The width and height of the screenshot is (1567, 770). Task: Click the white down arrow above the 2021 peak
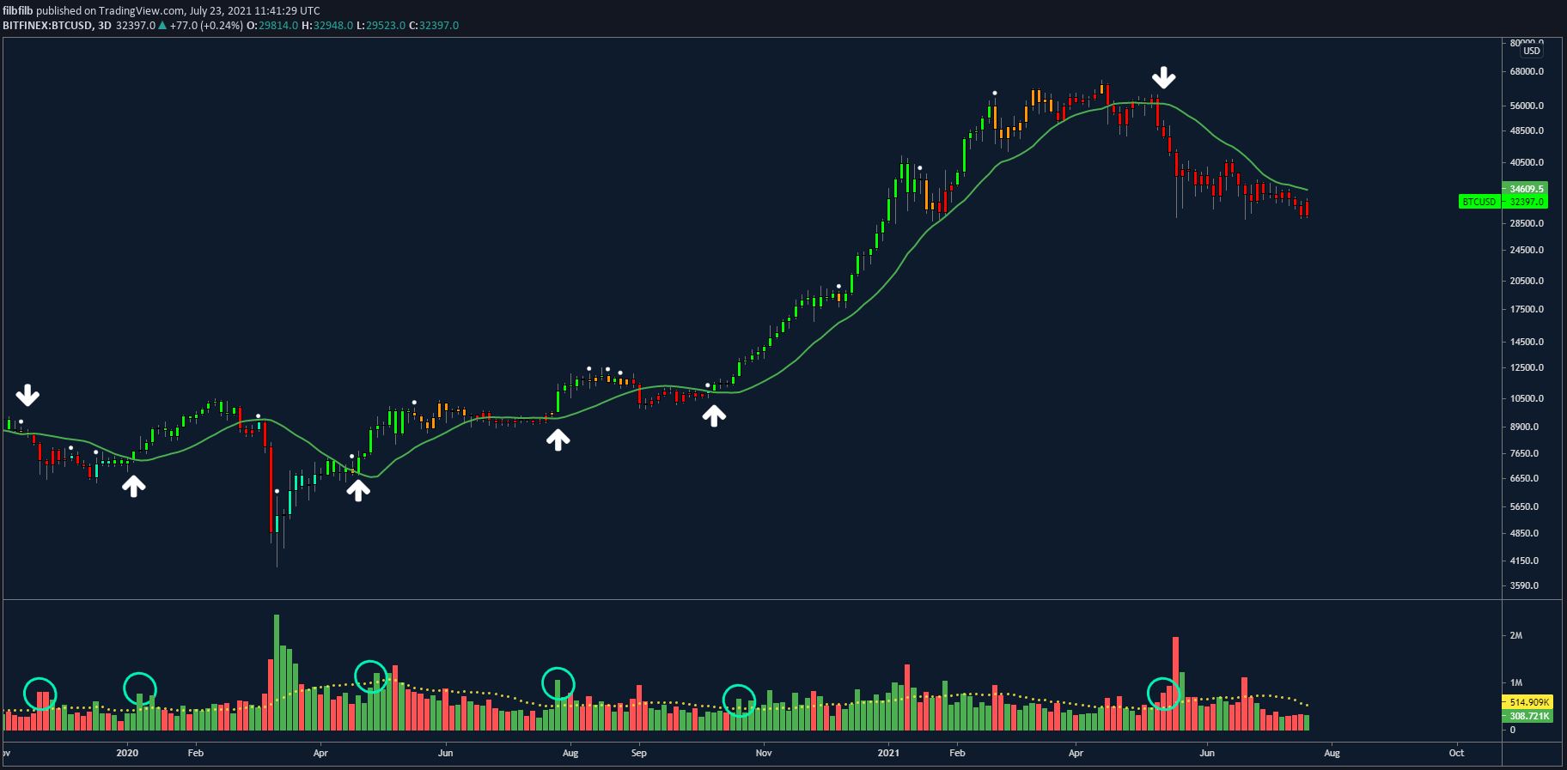1164,77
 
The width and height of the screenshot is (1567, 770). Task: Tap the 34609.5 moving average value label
1527,189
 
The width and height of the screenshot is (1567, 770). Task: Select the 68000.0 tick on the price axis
1527,71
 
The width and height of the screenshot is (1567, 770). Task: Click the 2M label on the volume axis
1515,636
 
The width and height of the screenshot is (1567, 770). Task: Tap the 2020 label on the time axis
127,753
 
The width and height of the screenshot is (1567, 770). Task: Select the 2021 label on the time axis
888,753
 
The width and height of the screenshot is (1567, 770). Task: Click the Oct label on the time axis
1456,753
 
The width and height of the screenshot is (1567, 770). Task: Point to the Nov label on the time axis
764,753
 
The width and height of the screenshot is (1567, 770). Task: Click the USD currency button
1531,51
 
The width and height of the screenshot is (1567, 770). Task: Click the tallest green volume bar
277,672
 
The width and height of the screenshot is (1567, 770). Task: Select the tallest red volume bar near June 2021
1175,683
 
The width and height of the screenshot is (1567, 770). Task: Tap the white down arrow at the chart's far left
27,395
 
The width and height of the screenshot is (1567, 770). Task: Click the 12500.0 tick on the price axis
1527,368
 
